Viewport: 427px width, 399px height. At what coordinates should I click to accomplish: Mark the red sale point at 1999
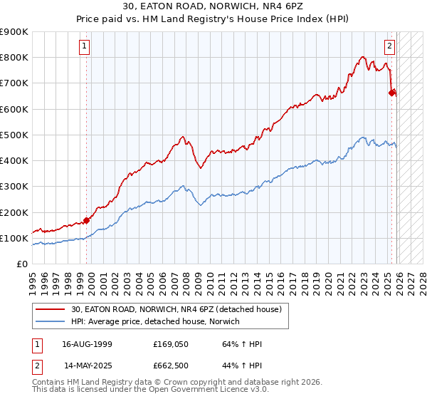[87, 220]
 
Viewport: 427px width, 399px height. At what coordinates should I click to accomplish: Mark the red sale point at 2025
[392, 93]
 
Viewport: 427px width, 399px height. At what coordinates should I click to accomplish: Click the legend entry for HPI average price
[155, 322]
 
